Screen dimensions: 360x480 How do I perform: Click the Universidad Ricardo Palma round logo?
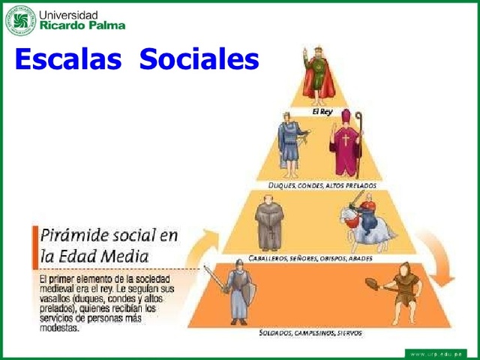20,19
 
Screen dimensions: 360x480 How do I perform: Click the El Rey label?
322,110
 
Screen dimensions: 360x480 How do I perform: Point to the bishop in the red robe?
346,145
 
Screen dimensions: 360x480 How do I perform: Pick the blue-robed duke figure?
290,142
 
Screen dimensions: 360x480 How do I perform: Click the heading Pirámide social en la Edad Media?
109,247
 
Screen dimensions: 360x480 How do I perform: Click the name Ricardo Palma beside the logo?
82,25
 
